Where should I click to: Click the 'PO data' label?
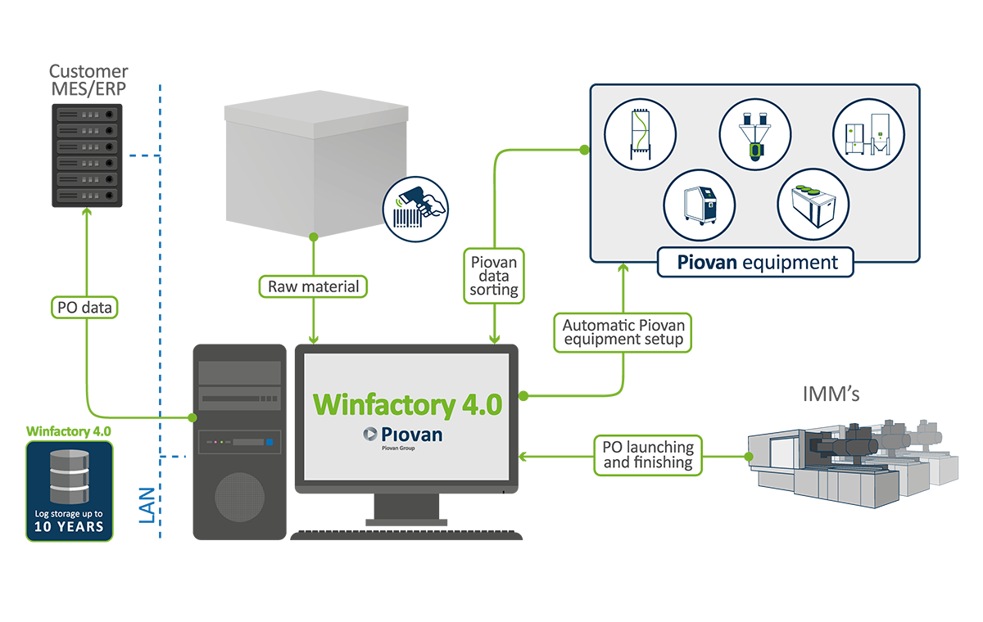tap(84, 308)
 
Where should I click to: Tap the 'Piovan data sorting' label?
tap(494, 276)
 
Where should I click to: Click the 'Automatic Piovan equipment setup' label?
tap(623, 331)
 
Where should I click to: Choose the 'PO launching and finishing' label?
tap(648, 455)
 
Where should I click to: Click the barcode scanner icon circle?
tap(417, 210)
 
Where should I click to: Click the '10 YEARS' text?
tap(69, 526)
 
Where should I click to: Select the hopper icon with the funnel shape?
tap(754, 135)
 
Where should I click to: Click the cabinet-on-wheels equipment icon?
tap(699, 205)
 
